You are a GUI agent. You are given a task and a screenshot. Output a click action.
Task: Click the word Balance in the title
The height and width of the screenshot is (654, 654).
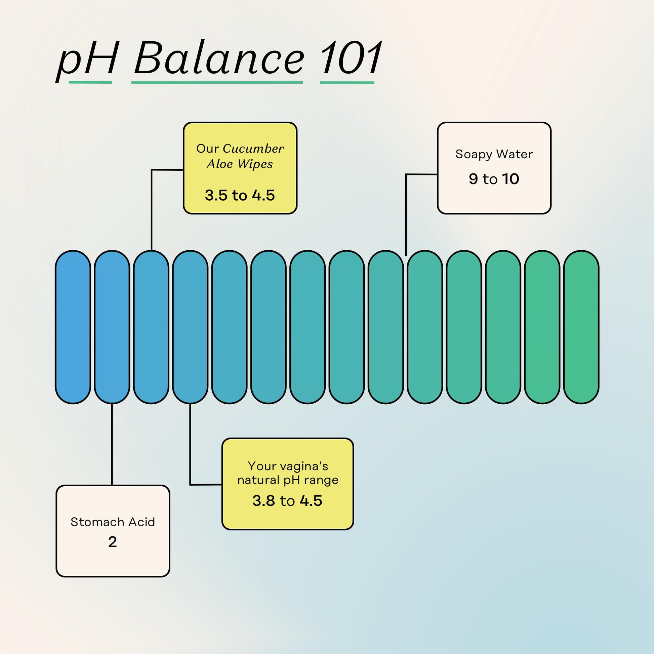[219, 58]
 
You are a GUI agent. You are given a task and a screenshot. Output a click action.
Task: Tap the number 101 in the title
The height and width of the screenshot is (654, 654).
[351, 58]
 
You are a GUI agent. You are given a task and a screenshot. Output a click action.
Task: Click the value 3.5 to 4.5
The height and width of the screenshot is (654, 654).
[240, 195]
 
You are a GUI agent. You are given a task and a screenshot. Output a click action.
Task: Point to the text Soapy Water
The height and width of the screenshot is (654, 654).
[494, 154]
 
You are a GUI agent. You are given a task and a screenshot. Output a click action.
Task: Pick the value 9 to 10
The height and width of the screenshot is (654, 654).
[494, 179]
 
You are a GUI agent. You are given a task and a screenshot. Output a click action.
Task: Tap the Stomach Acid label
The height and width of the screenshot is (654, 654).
[113, 522]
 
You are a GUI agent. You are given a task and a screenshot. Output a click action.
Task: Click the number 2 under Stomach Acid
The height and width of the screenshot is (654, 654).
[112, 542]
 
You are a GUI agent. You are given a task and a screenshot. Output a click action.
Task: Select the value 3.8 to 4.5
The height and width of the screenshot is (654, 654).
[287, 501]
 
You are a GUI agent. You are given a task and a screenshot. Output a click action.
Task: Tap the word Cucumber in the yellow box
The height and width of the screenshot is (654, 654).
[253, 149]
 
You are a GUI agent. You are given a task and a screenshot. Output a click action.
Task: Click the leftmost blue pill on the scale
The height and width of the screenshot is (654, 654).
[73, 327]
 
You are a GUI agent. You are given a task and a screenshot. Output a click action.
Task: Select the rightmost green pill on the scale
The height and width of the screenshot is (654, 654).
[581, 327]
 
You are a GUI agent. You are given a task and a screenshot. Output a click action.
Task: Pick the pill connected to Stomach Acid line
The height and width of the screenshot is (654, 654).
[112, 327]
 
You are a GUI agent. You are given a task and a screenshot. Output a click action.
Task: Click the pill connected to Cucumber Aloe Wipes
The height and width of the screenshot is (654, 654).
[151, 327]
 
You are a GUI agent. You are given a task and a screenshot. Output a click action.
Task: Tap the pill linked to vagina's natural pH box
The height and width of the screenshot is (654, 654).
[190, 327]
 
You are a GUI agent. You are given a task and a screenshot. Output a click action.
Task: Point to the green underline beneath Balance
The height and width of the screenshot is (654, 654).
[217, 82]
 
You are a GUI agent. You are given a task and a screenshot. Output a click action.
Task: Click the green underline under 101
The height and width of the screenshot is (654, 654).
[347, 82]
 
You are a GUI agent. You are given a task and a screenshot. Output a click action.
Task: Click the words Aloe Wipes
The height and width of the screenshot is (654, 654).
[240, 164]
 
